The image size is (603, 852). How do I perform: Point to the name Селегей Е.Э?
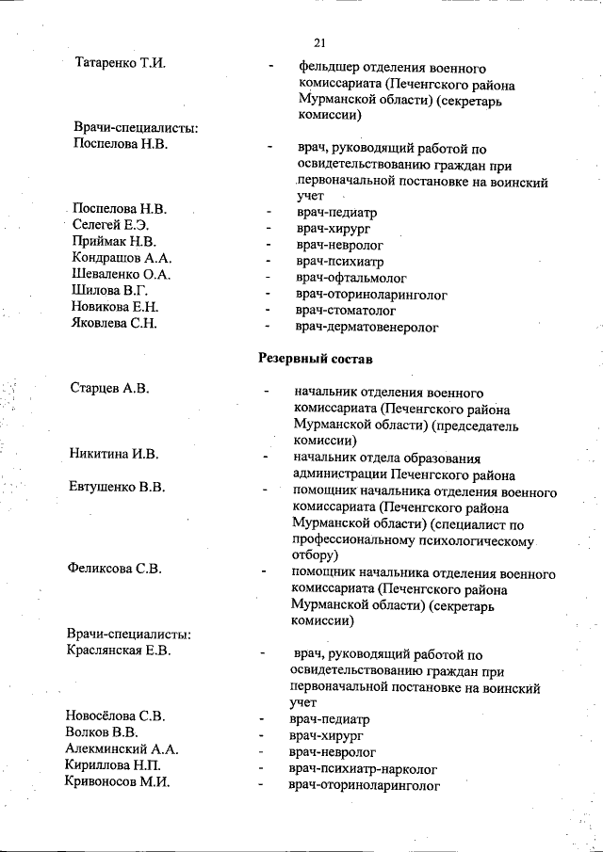(x=111, y=226)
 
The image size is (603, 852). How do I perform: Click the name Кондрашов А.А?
(x=122, y=259)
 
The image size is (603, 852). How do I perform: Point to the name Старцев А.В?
(x=110, y=388)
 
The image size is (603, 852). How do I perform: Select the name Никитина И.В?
(x=113, y=455)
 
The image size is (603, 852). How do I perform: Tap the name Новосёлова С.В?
(x=115, y=716)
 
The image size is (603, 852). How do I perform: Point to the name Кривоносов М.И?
(x=117, y=783)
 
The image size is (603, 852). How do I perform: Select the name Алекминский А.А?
(x=122, y=750)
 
